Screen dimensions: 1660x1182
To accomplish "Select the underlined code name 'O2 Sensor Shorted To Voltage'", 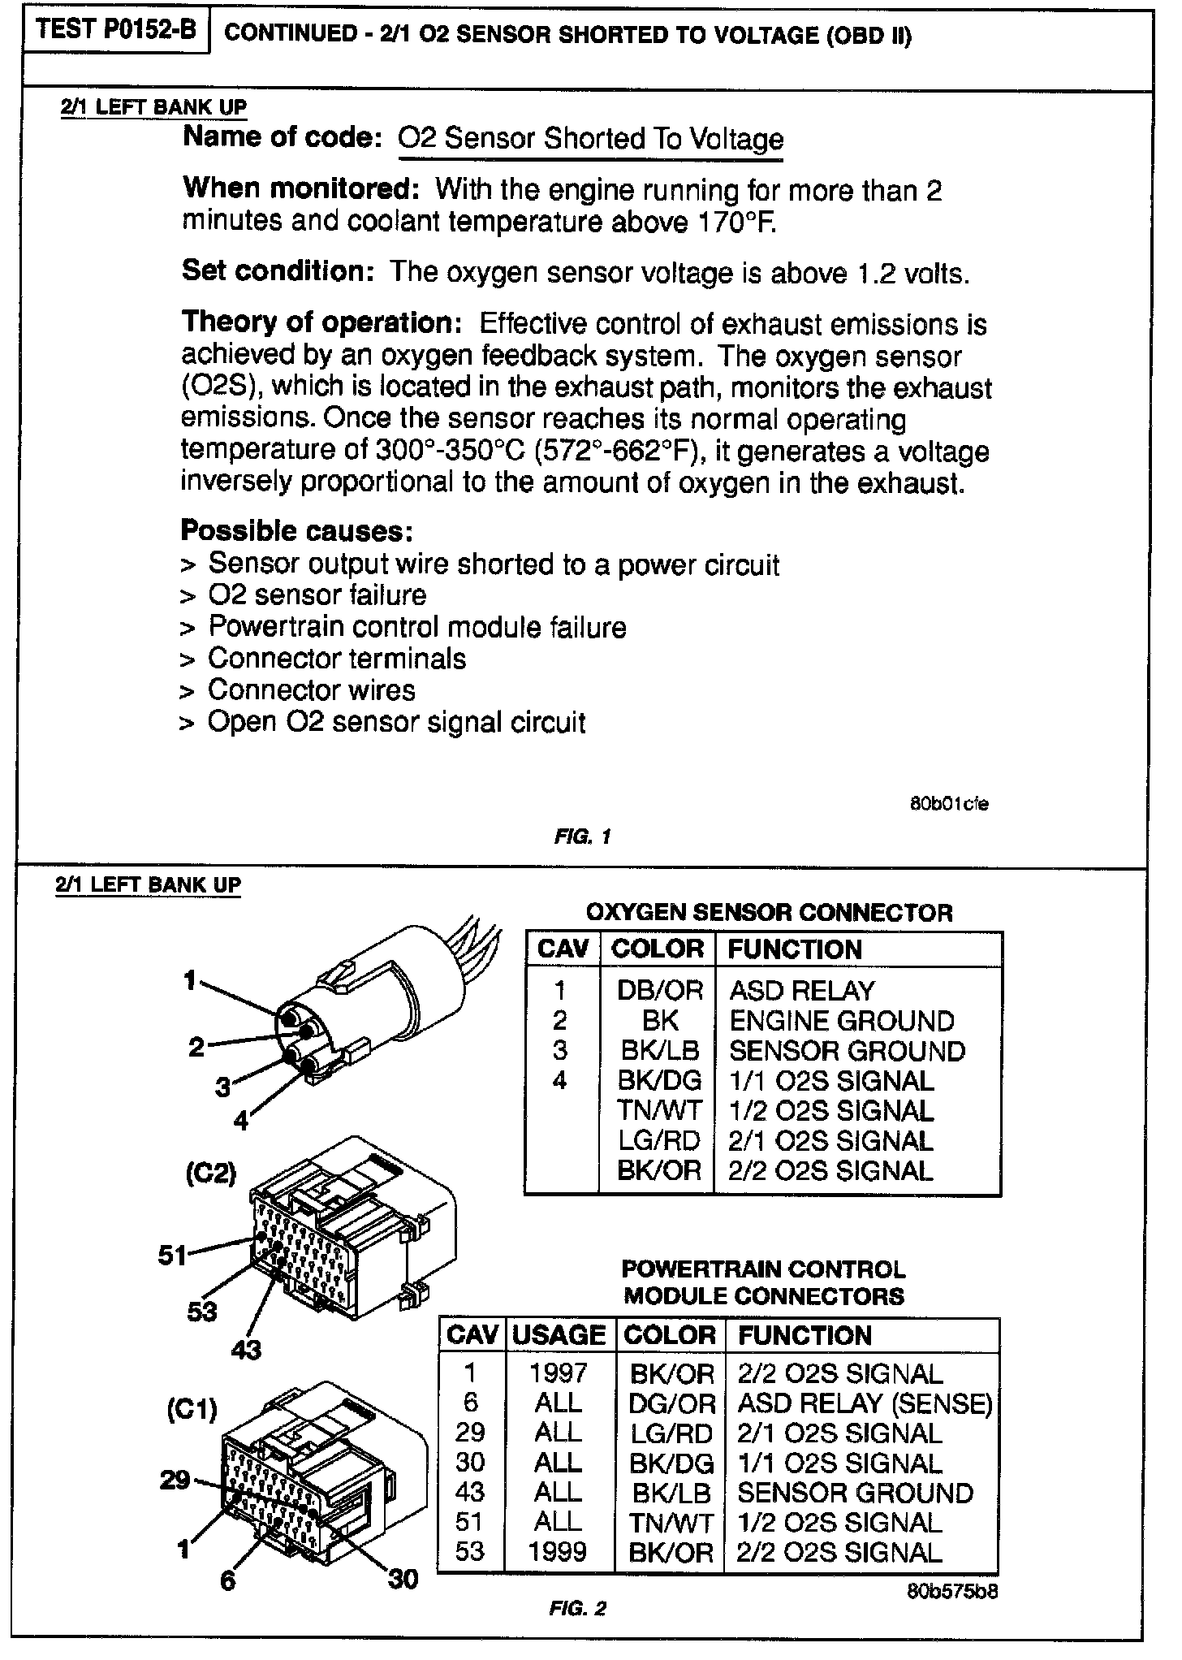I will (x=590, y=139).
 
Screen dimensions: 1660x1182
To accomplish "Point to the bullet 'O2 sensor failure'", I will (x=317, y=595).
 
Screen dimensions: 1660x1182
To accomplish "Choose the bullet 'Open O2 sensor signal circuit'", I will (x=396, y=723).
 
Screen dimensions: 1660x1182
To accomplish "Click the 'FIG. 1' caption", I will (x=581, y=836).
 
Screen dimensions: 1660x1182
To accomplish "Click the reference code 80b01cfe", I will (x=948, y=805).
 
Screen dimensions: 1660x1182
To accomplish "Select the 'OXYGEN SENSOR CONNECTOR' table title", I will (x=769, y=913).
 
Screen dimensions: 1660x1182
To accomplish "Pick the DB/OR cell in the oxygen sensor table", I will (x=659, y=991).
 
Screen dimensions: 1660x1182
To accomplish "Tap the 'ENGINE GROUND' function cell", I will (x=842, y=1021).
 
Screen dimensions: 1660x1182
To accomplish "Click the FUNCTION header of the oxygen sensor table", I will (x=794, y=949).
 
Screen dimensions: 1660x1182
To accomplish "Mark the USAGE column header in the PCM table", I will (x=559, y=1335).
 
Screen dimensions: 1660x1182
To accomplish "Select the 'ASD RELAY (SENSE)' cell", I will (x=865, y=1403).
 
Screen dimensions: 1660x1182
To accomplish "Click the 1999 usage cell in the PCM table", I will (x=558, y=1552).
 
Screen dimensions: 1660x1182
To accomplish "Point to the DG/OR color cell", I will (x=671, y=1403).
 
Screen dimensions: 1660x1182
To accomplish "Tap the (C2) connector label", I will (x=210, y=1174).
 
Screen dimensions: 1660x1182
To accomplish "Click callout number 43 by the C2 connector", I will (x=246, y=1350).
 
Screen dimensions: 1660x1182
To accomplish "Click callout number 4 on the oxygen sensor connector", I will (x=241, y=1122).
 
